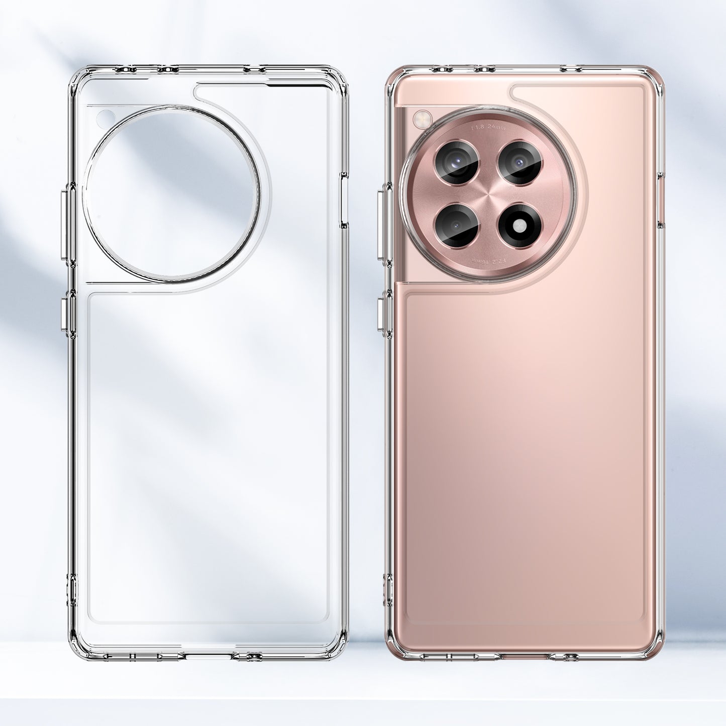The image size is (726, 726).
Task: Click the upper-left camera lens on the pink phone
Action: (x=457, y=162)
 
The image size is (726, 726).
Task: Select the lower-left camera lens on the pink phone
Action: (x=457, y=226)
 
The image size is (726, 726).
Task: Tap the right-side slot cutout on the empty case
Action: (x=344, y=199)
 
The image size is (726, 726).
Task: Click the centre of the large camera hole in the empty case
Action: (x=172, y=193)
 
